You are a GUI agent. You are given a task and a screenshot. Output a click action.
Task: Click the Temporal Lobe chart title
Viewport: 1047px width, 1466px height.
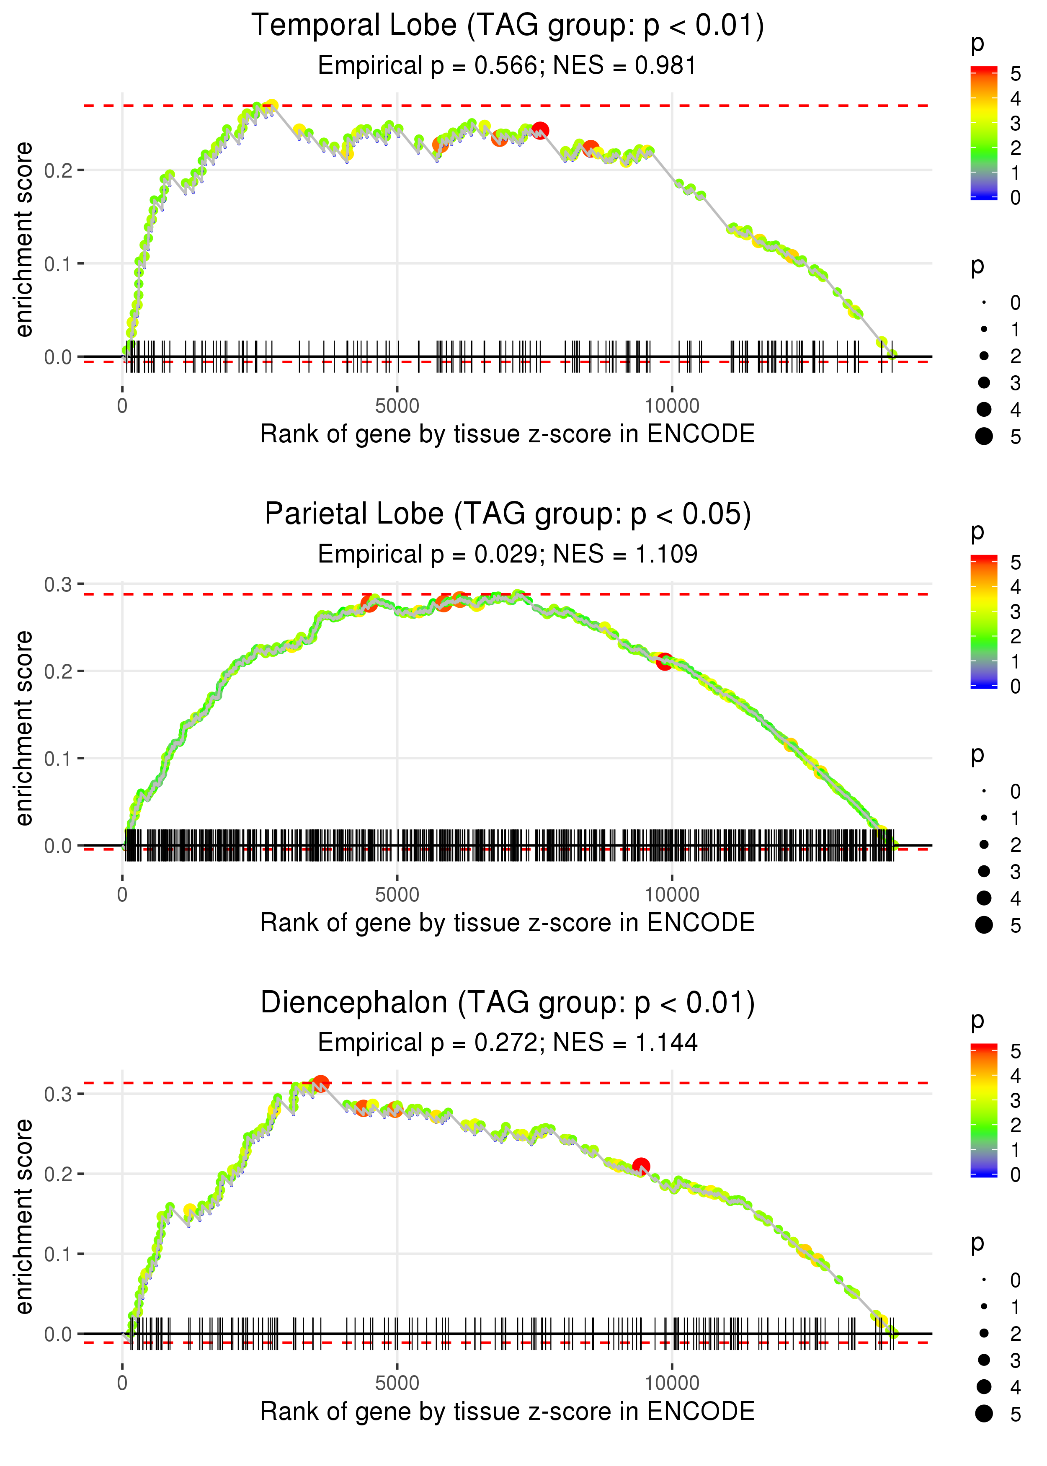(x=508, y=26)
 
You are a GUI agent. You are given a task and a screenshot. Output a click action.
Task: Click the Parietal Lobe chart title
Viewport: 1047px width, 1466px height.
(x=508, y=514)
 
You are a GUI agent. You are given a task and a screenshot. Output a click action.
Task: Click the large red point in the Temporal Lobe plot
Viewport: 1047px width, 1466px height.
(x=540, y=131)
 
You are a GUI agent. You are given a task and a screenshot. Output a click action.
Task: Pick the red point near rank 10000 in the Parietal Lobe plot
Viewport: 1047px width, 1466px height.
(x=665, y=661)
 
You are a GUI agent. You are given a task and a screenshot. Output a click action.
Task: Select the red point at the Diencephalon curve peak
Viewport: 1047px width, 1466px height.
(x=320, y=1084)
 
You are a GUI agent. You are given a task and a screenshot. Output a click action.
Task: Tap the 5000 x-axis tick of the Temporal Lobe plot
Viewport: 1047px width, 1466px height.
(x=397, y=406)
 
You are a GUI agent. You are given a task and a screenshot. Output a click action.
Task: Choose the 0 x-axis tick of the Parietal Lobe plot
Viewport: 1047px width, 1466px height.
(x=122, y=895)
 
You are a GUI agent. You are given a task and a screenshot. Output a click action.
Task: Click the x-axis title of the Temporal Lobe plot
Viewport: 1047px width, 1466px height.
(x=508, y=434)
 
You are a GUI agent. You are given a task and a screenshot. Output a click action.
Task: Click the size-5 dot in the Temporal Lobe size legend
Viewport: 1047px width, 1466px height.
(x=984, y=436)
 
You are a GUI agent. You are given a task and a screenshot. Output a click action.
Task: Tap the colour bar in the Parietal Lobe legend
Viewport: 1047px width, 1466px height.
(x=984, y=622)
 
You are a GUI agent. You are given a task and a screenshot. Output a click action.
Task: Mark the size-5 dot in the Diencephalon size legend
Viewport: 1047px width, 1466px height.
(x=984, y=1414)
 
